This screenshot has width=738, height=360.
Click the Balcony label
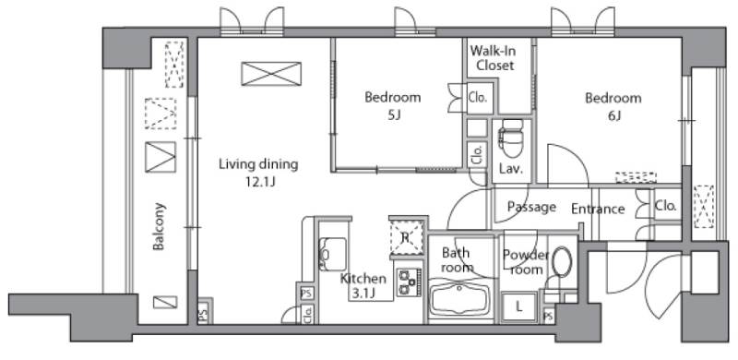[159, 226]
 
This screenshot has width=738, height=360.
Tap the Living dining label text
[258, 164]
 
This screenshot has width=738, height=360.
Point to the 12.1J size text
[258, 182]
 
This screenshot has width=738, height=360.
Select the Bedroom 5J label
[393, 105]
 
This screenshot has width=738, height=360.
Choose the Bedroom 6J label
[613, 106]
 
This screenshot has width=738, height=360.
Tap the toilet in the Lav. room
[512, 138]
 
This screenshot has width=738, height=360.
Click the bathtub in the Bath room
[460, 298]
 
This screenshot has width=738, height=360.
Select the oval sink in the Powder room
[562, 261]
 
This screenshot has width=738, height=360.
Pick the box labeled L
[519, 307]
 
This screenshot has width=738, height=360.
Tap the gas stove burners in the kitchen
[408, 282]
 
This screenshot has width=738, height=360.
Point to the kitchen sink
[333, 255]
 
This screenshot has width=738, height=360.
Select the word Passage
[532, 208]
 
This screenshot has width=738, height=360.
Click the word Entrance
[598, 209]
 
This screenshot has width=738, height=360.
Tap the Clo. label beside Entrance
[665, 206]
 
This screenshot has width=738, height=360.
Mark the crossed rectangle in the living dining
[271, 74]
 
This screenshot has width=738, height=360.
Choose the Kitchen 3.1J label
[363, 286]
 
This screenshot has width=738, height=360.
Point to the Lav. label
[511, 169]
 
